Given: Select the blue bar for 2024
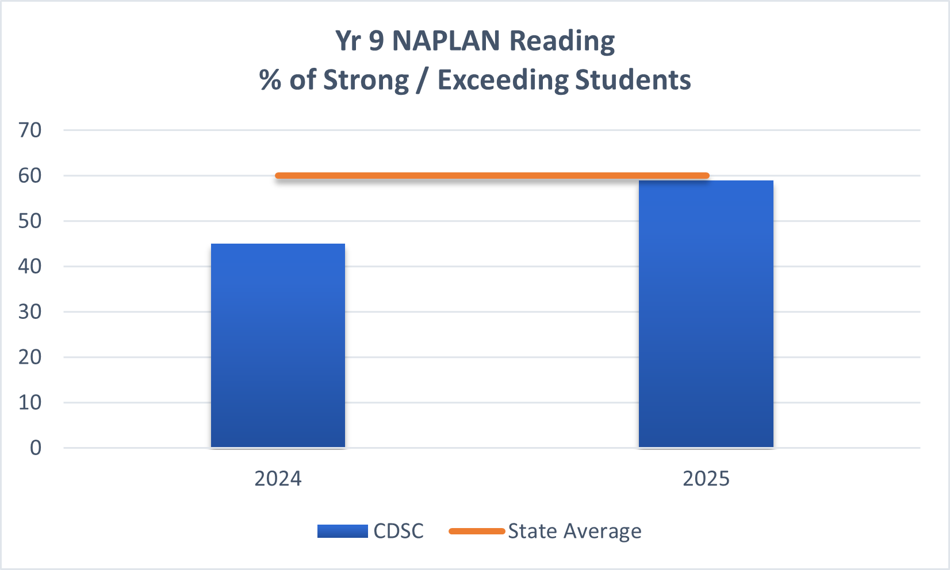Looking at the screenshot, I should click(x=278, y=345).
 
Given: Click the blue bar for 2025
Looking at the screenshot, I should click(x=706, y=314).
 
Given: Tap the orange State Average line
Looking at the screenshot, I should click(x=492, y=175).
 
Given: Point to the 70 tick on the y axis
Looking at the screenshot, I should click(x=30, y=130).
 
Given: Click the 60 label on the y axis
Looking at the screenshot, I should click(x=30, y=176).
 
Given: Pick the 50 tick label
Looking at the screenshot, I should click(x=30, y=221).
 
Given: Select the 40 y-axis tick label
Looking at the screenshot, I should click(x=30, y=267).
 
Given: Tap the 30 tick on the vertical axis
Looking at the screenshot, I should click(x=30, y=312).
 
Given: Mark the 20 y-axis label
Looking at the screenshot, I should click(x=30, y=357).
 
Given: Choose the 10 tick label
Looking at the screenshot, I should click(x=30, y=403).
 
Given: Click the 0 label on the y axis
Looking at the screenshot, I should click(x=36, y=448).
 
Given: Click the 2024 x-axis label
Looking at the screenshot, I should click(x=278, y=479).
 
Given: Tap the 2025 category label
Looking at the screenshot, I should click(x=706, y=479).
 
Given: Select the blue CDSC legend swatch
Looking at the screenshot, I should click(x=342, y=531).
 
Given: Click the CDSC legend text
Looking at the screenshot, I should click(x=398, y=531).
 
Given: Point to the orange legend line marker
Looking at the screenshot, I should click(x=476, y=531).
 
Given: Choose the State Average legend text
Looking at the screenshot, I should click(x=574, y=531).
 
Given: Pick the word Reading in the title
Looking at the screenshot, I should click(x=562, y=41).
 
